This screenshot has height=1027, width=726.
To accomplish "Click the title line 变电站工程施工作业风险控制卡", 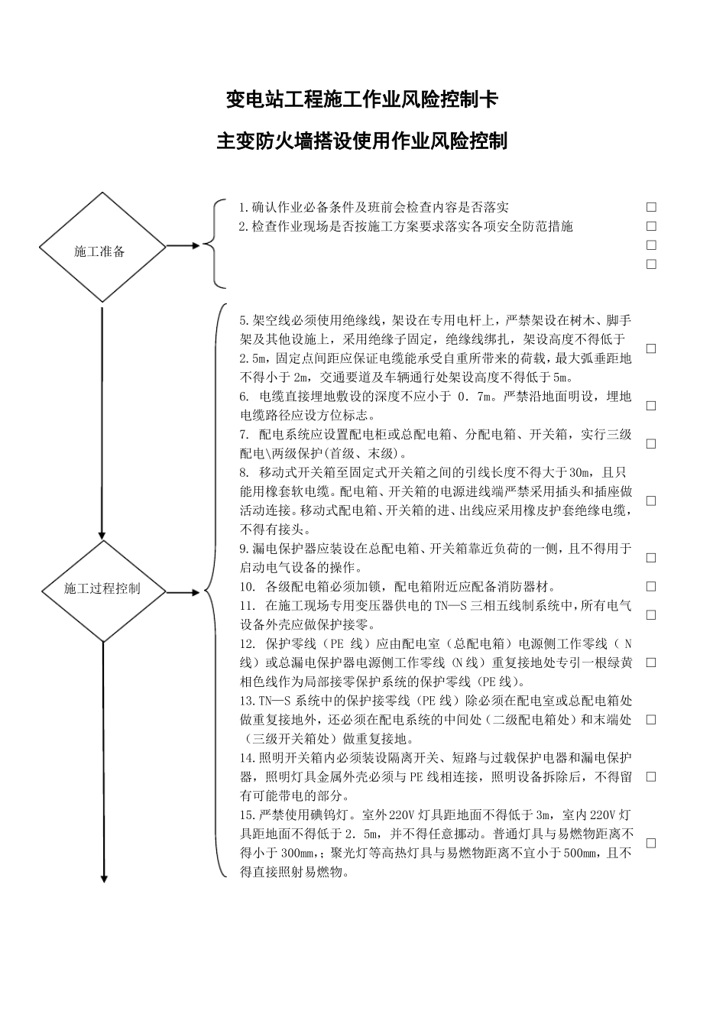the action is tap(362, 99).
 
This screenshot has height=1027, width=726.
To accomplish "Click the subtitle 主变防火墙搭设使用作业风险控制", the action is tap(362, 141).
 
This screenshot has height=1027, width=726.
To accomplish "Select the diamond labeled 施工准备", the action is tap(102, 247).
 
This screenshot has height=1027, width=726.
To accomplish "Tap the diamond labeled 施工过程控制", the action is tap(102, 589).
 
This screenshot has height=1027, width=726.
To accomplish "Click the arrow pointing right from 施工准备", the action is tap(183, 246).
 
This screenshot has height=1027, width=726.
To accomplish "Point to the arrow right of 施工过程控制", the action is tap(183, 591).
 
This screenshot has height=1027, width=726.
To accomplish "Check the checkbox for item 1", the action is tap(651, 207).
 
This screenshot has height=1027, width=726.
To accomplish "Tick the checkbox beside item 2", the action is tap(651, 226).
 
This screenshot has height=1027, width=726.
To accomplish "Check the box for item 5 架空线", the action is tap(651, 348).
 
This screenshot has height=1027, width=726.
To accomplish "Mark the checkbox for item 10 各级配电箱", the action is tap(651, 587).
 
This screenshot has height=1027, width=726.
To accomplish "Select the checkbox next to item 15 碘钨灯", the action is tap(651, 844).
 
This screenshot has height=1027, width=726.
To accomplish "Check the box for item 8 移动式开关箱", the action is tap(651, 501).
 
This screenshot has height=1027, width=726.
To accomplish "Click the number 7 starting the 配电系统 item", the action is tap(243, 435).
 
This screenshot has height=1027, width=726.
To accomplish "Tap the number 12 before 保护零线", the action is tap(246, 643).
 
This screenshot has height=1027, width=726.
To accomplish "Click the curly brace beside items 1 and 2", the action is tap(217, 245).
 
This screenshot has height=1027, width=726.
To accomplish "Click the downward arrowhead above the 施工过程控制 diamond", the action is tap(102, 534).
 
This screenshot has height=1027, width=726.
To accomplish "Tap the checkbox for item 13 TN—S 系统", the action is tap(651, 720).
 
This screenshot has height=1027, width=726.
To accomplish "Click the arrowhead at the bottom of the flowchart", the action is tap(102, 878).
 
